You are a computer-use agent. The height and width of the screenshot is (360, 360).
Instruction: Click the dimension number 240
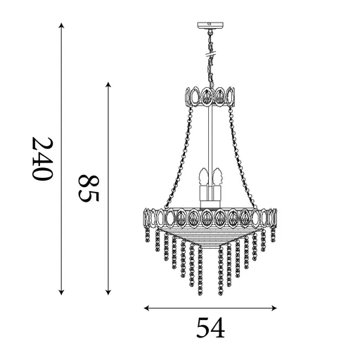pos(43,159)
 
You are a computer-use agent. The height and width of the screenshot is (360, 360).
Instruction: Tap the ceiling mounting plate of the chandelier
pos(210,27)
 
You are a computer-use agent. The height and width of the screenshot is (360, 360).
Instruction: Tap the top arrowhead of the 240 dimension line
pos(62,27)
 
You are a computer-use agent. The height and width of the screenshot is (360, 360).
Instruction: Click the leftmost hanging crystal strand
pos(148,234)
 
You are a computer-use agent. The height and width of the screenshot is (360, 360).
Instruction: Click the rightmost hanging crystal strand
pos(273,234)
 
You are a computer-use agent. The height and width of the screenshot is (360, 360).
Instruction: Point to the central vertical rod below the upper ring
pos(210,141)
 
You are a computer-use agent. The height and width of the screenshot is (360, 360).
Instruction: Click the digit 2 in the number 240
pos(43,143)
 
